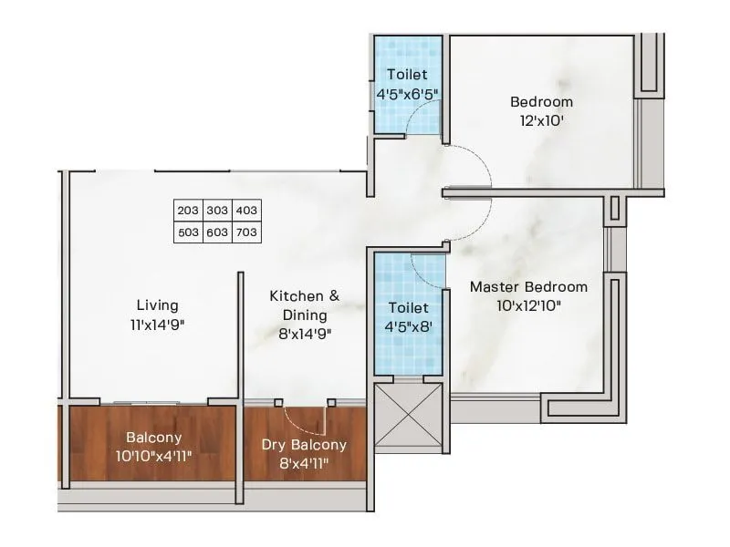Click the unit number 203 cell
(188, 211)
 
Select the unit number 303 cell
(217, 211)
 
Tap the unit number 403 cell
(246, 211)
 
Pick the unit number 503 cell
(188, 232)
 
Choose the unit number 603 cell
(217, 232)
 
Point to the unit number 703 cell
(246, 232)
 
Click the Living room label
(157, 305)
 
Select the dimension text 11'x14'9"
(157, 324)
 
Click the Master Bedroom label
(528, 287)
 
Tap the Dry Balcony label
(304, 445)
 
